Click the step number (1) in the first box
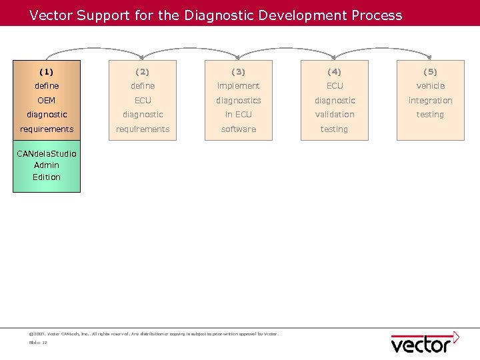pos(47,71)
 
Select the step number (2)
pos(143,71)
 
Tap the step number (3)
pos(239,71)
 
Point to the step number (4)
pos(335,71)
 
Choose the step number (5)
pos(431,71)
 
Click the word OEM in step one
pos(47,101)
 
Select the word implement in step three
pos(239,86)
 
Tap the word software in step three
pos(239,129)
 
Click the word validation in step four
pos(335,115)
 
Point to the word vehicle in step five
pos(431,86)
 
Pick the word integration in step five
pos(431,101)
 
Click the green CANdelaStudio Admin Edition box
pos(47,166)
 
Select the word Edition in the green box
pos(47,177)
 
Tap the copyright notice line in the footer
pos(154,333)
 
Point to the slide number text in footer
pos(38,343)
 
